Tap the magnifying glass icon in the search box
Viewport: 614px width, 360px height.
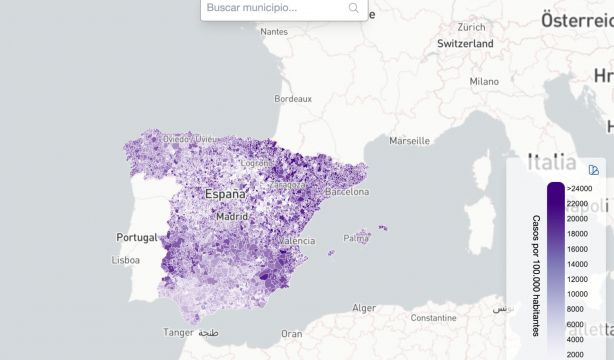click(x=354, y=8)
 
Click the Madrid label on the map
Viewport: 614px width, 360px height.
click(x=232, y=216)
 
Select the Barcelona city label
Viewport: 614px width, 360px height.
click(x=347, y=191)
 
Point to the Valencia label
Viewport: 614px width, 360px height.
click(x=297, y=241)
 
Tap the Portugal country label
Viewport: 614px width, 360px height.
click(x=138, y=237)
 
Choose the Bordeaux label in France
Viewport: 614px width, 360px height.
click(x=293, y=99)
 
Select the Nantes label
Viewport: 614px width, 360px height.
click(x=273, y=31)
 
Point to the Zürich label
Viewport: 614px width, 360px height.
click(x=471, y=27)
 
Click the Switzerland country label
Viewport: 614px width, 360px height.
click(x=465, y=44)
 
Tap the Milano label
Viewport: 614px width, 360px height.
click(x=484, y=81)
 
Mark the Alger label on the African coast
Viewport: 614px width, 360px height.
click(x=364, y=308)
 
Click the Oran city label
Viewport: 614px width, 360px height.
click(x=291, y=333)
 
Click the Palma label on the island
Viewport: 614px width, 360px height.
click(x=356, y=238)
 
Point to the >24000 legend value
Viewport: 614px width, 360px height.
click(x=579, y=187)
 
